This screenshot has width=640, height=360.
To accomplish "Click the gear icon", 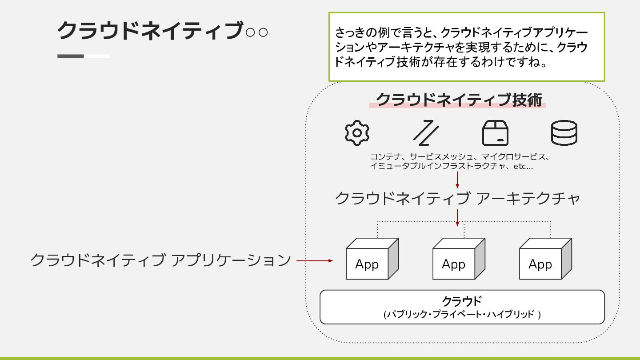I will [x=357, y=133].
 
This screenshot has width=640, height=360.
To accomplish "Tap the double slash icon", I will [x=426, y=133].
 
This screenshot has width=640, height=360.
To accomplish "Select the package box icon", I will [x=496, y=133].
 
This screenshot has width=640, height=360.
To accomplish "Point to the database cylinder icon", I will [x=564, y=133].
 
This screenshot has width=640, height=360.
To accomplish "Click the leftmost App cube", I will [x=372, y=259].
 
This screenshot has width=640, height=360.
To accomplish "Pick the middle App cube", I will [x=458, y=259].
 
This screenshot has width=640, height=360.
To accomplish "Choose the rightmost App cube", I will [x=545, y=259].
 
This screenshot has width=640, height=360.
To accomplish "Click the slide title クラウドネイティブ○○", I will [x=163, y=31].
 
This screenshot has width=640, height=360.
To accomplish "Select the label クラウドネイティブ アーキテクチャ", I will [x=457, y=198].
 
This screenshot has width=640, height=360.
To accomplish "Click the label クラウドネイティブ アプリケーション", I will [x=160, y=260].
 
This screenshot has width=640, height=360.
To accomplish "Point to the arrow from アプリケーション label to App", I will [x=314, y=261].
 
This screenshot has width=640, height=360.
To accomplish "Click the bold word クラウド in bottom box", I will [x=462, y=301].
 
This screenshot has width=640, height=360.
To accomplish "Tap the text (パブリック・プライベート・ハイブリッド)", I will [x=462, y=315].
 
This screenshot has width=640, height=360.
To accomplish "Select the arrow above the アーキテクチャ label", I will [x=457, y=180].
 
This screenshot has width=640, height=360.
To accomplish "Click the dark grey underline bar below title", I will [x=71, y=56].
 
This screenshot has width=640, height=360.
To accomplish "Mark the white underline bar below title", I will [x=97, y=56].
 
